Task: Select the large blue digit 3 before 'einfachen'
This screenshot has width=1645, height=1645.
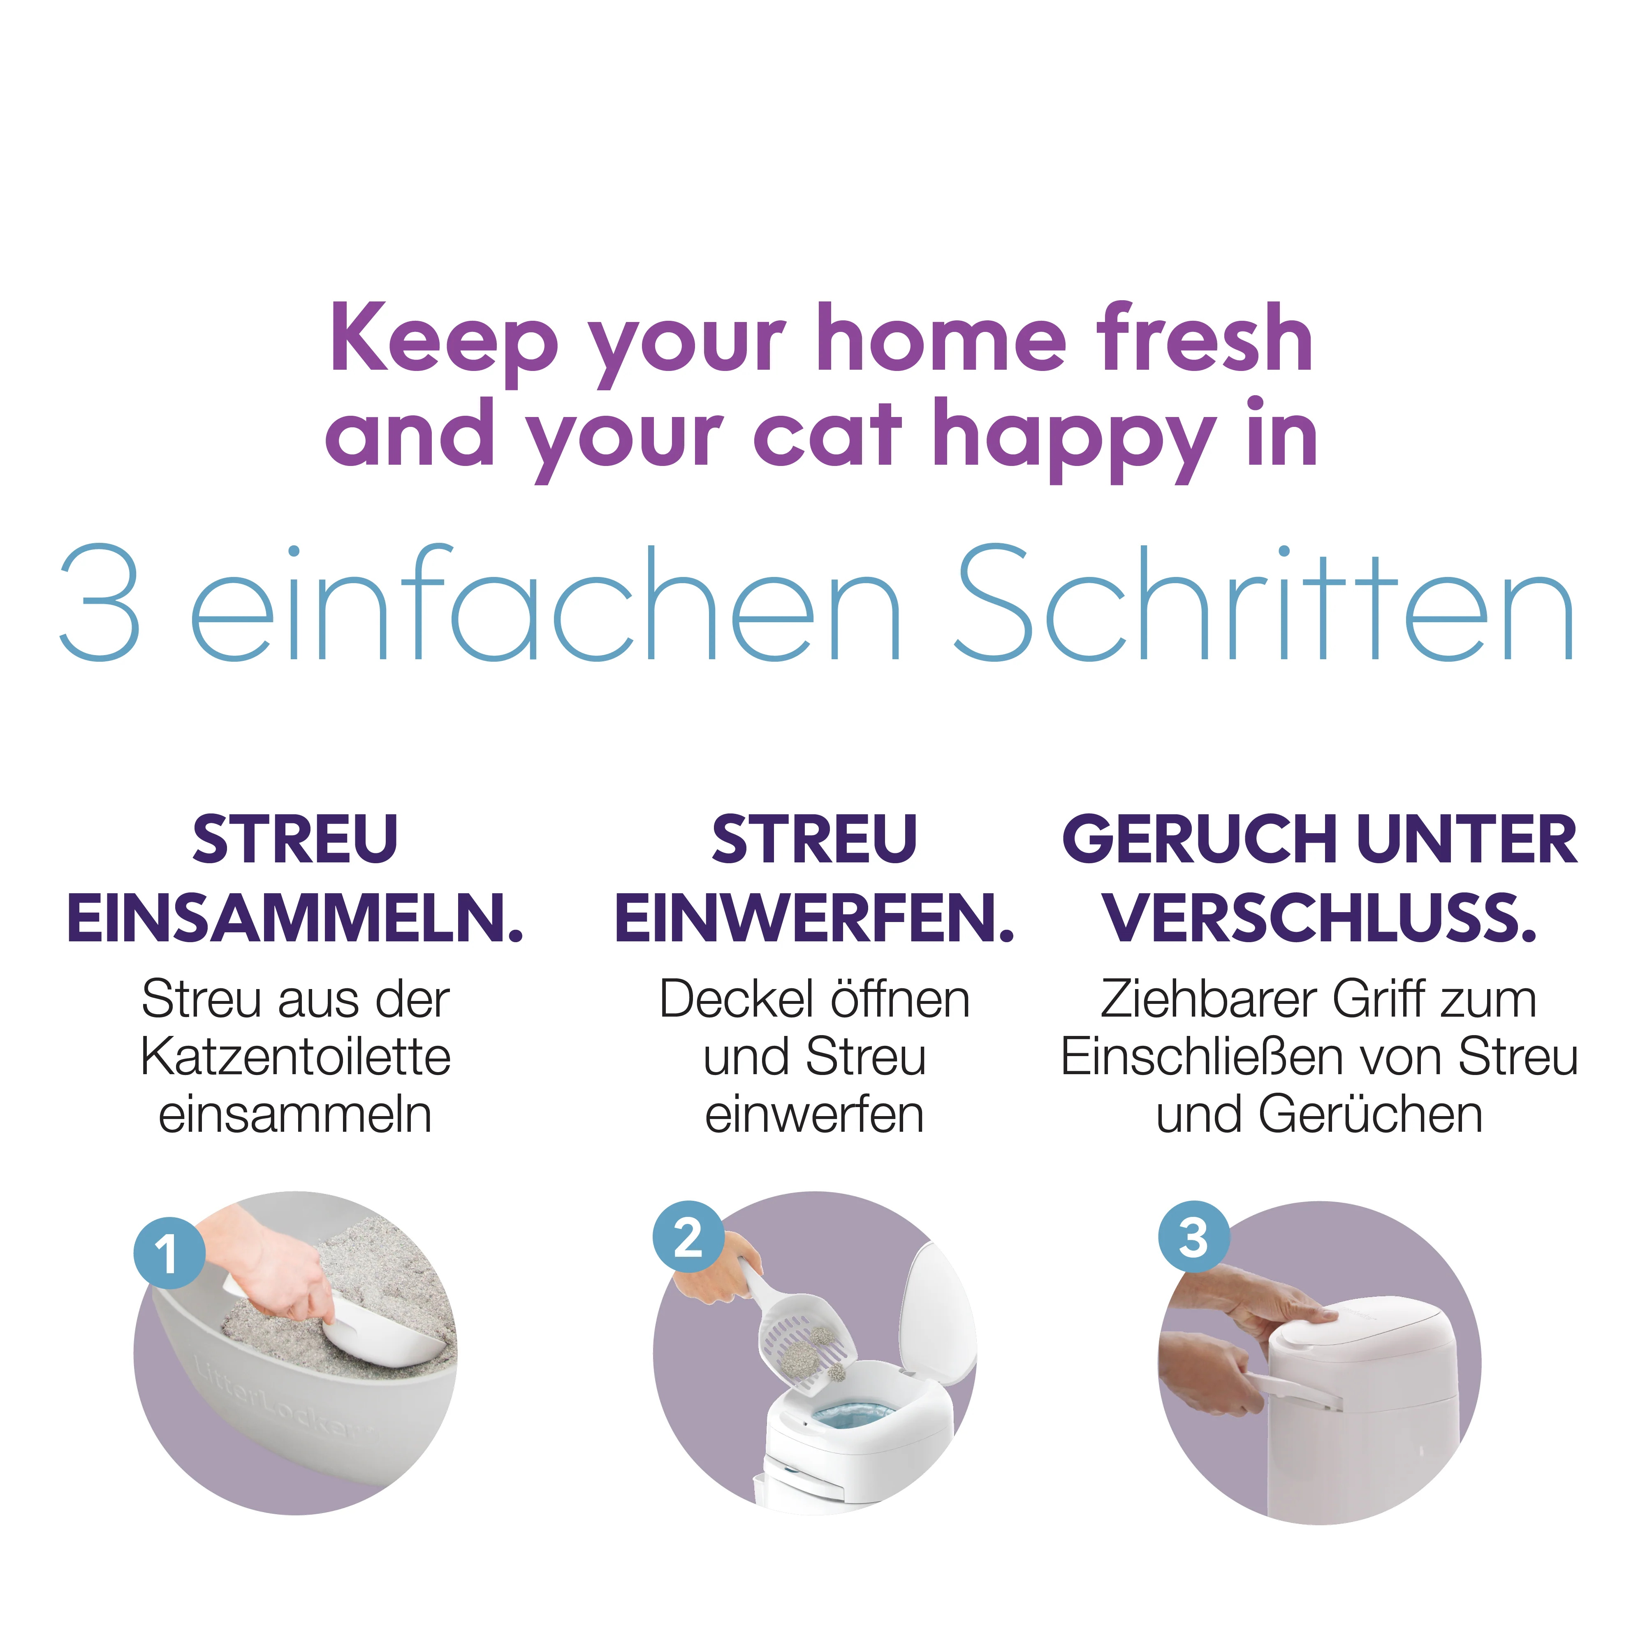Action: pos(100,603)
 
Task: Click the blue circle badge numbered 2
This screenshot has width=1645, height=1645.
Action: pos(688,1237)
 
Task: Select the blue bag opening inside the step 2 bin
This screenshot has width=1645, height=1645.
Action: pos(851,1418)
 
